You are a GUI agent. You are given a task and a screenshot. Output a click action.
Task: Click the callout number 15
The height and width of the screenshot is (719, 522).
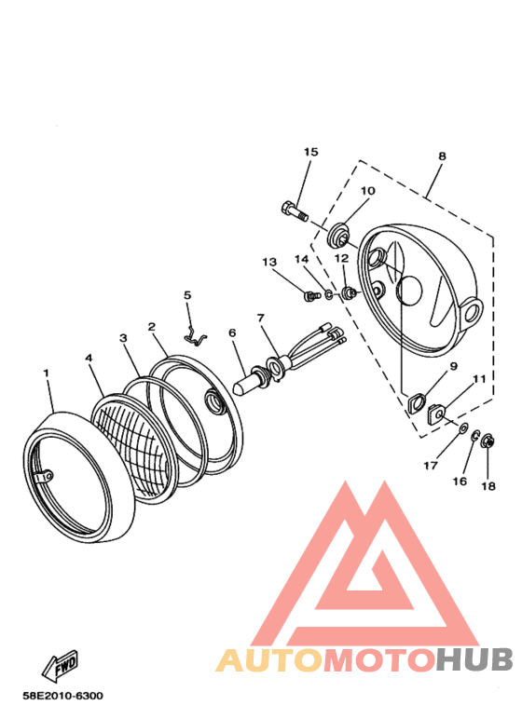[x=310, y=152]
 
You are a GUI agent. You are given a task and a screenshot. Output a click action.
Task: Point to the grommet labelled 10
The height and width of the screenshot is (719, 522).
[x=339, y=228]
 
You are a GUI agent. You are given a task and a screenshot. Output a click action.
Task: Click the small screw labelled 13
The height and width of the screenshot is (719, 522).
[x=309, y=296]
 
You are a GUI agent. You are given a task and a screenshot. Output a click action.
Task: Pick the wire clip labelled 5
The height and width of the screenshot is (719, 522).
[x=194, y=336]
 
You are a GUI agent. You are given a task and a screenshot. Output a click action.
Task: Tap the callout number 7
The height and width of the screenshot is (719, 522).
[x=261, y=319]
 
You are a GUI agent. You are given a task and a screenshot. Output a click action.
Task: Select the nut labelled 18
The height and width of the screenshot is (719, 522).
[x=488, y=442]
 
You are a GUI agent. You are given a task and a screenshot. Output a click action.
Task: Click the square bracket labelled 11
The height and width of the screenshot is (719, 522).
[x=439, y=413]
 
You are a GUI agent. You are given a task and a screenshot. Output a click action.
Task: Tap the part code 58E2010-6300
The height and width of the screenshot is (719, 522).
[x=64, y=696]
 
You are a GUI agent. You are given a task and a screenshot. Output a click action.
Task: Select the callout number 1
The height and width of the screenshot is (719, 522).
[x=45, y=372]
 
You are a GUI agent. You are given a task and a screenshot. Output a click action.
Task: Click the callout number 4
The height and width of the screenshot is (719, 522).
[x=89, y=357]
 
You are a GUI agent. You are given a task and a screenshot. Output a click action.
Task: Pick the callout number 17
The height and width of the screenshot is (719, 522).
[x=430, y=466]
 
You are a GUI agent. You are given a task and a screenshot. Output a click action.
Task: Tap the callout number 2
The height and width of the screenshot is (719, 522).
[x=151, y=328]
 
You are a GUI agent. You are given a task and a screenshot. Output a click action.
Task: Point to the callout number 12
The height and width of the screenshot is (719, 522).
[x=342, y=258]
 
